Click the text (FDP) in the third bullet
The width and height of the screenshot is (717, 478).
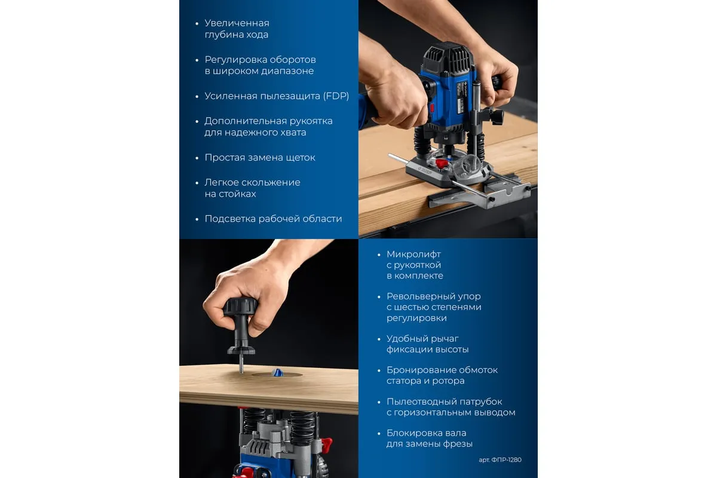click(x=336, y=96)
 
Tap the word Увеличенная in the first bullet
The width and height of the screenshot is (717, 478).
click(x=237, y=23)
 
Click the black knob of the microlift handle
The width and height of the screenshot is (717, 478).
click(x=240, y=307)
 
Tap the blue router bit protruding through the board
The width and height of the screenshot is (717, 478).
click(x=277, y=372)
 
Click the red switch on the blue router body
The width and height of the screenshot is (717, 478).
click(x=431, y=108)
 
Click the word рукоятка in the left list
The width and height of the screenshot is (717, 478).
click(x=311, y=121)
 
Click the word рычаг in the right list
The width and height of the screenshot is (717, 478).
click(x=446, y=339)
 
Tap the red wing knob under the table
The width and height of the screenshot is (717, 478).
click(x=326, y=443)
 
